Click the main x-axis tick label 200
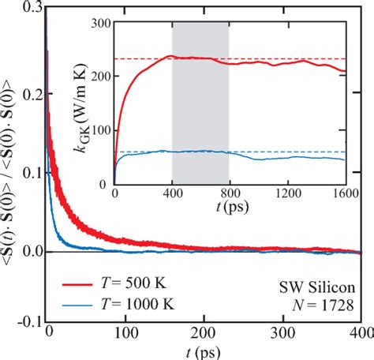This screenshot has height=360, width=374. click(x=204, y=332)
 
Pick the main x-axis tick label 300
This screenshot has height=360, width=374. click(x=283, y=332)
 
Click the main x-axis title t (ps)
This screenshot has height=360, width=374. click(x=204, y=350)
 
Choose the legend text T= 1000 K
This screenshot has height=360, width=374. click(x=143, y=302)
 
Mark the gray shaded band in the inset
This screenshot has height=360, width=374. click(x=200, y=103)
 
